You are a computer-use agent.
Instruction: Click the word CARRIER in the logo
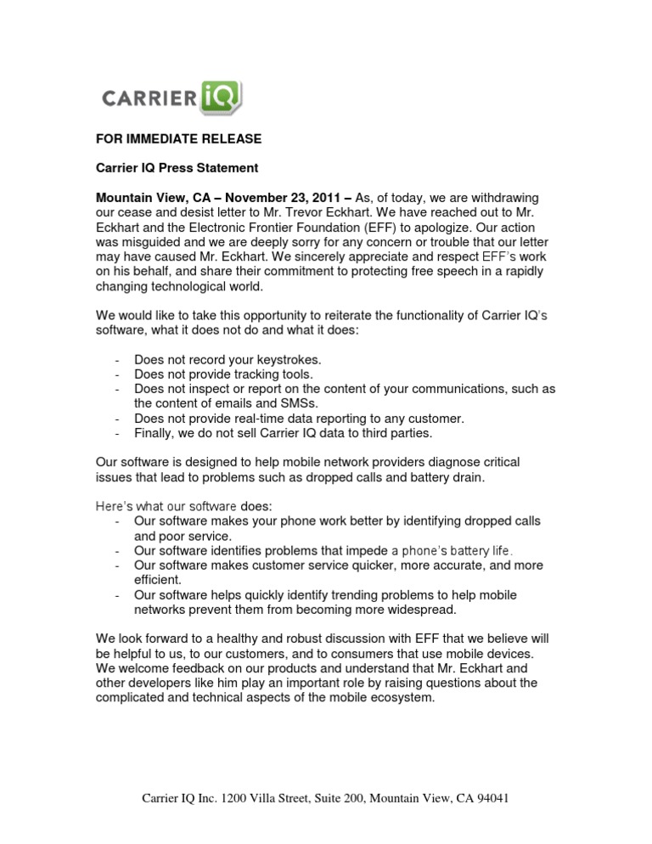[150, 98]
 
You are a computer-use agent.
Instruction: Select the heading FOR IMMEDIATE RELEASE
[178, 139]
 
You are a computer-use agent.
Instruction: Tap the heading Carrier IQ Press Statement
[177, 168]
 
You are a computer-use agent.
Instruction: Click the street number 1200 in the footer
[237, 800]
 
